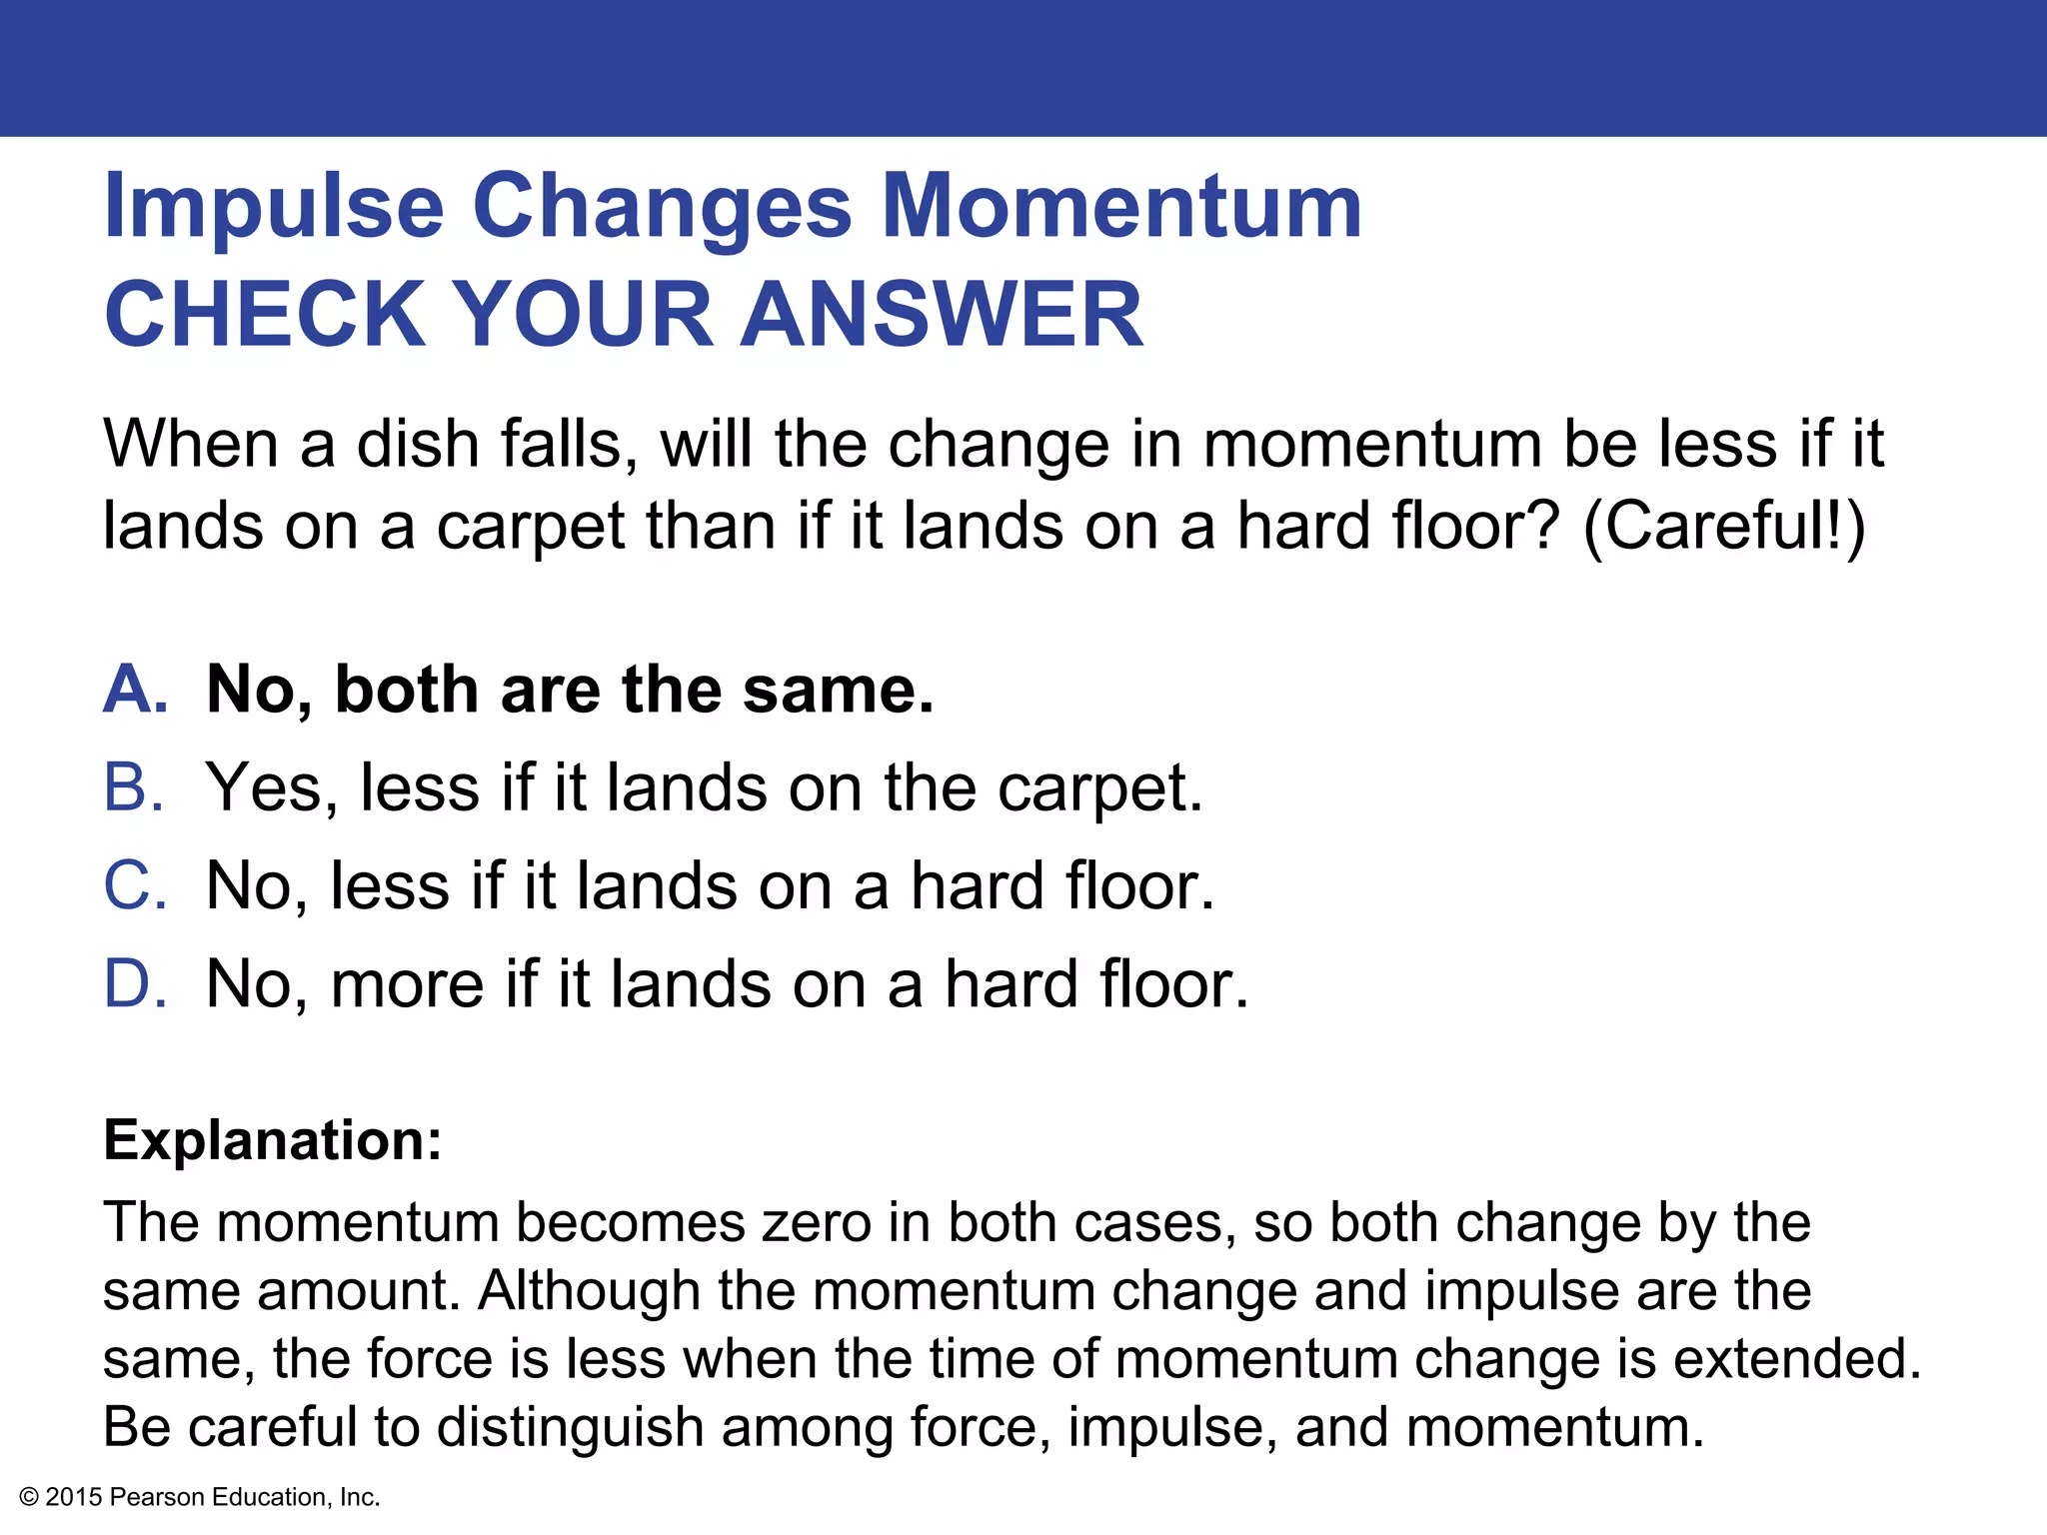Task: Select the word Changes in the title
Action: tap(662, 208)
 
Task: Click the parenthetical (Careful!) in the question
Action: tap(1724, 526)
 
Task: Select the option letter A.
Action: tap(135, 690)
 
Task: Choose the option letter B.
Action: tap(133, 787)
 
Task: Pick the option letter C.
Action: tap(135, 885)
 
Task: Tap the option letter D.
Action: tap(135, 983)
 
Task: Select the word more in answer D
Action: tap(408, 984)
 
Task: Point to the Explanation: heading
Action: tap(273, 1140)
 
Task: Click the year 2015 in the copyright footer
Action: tap(74, 1497)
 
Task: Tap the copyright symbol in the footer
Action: tap(29, 1497)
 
